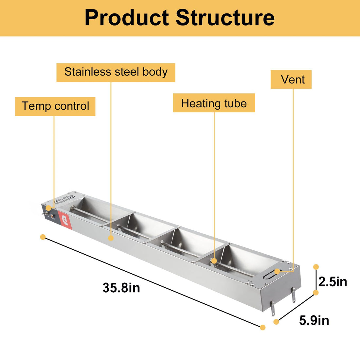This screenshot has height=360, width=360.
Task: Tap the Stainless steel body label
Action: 116,72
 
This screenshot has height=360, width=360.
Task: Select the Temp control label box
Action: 55,106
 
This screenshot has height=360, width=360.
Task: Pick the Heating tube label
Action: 214,103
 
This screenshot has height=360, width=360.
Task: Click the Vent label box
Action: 291,80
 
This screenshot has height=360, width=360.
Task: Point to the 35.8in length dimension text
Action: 121,288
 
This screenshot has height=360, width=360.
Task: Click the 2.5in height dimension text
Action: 333,282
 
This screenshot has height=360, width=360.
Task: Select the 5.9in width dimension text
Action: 314,320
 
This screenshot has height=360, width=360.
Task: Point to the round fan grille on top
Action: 63,199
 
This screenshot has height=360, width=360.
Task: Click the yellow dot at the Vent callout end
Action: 277,271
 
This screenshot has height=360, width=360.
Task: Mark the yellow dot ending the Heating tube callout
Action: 214,261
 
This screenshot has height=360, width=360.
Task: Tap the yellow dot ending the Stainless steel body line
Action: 111,238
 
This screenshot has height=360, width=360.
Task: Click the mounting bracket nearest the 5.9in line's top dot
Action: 294,295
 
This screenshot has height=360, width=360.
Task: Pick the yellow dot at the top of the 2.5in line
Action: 316,267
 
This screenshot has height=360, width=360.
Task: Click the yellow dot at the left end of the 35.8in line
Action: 43,237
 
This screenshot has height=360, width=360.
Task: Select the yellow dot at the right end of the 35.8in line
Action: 262,327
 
